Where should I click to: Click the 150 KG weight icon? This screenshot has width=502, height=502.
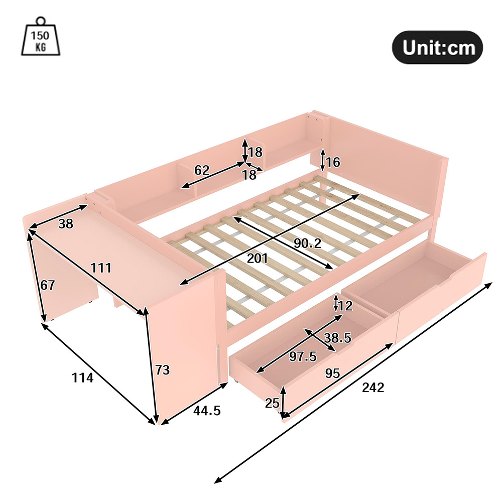coord(41,37)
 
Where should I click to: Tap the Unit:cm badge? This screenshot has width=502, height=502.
coord(437,47)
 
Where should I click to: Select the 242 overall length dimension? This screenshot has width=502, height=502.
coord(372,388)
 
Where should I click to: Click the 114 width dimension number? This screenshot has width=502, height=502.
coord(82,378)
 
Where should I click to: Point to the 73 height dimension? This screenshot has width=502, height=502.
coord(162,370)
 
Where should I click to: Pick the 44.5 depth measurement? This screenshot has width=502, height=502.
coord(207,411)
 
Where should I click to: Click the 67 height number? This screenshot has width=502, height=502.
coord(47,285)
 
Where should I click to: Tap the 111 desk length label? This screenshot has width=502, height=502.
coord(101,268)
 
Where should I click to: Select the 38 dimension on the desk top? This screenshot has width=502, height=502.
coord(66,224)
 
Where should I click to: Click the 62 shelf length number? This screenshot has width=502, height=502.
coord(202,170)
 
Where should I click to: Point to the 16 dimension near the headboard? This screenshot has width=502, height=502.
coord(333,162)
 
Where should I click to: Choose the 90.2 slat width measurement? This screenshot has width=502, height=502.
coord(307,243)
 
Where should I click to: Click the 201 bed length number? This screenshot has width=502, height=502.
coord(258,258)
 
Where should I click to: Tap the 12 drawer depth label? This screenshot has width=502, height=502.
coord(345,306)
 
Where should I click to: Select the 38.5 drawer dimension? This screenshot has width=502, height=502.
coord(338,338)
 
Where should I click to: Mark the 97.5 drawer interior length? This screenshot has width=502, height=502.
coord(303,356)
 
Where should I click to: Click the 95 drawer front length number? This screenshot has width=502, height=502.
coord(332,373)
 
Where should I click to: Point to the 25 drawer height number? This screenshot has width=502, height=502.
coord(272,403)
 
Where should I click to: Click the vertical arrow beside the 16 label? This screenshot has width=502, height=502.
coord(323,160)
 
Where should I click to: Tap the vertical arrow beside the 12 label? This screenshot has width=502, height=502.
coord(336,303)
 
